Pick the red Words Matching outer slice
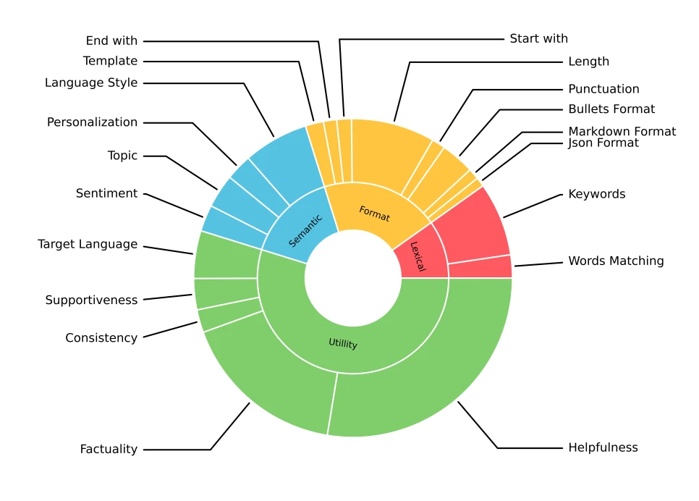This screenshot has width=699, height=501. coord(480,266)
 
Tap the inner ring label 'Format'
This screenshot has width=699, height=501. coord(374,214)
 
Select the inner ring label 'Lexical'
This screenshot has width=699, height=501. coord(418,256)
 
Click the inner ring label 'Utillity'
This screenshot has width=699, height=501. coord(343,344)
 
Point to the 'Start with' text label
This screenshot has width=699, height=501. coord(538,38)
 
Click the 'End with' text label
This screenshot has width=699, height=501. coord(111,41)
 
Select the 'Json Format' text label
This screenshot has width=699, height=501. coord(603,143)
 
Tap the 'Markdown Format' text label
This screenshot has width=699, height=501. coord(622,131)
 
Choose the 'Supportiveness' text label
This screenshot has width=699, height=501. coord(91,300)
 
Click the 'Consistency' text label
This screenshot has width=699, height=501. coord(101,338)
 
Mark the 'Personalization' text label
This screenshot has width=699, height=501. coord(92,122)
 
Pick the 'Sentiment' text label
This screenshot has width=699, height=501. coord(106,193)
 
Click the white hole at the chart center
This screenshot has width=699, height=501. coord(353,279)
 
